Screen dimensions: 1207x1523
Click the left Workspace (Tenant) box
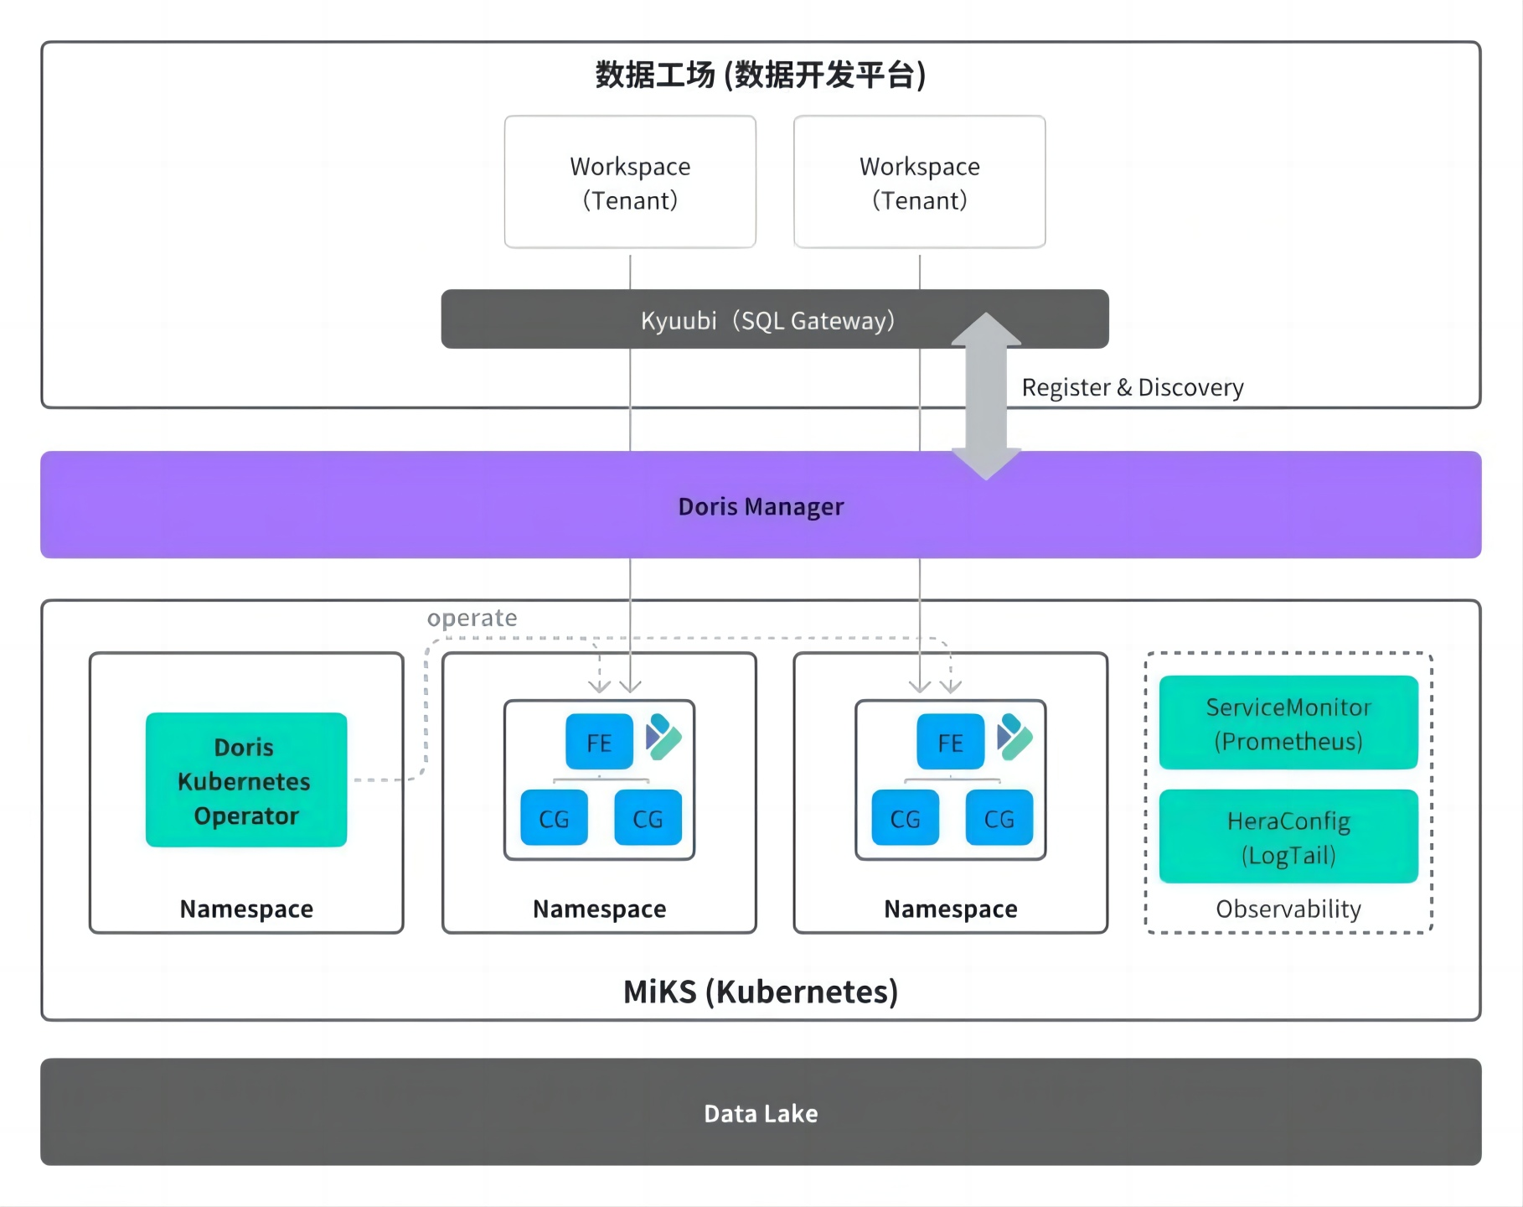[630, 182]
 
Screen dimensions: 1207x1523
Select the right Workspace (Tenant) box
[919, 182]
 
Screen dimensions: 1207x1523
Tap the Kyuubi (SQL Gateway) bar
[767, 320]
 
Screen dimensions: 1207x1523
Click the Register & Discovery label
[1132, 387]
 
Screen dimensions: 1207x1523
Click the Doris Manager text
[761, 506]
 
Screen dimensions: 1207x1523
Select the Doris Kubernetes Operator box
[245, 780]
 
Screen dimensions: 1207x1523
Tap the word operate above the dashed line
[472, 618]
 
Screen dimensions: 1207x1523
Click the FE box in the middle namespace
[599, 742]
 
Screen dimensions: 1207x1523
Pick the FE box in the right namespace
[950, 742]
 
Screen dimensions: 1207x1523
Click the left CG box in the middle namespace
[554, 818]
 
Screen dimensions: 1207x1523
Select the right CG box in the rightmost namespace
[999, 818]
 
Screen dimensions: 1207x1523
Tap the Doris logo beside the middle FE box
[663, 737]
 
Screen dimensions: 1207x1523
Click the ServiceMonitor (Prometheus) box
[1288, 723]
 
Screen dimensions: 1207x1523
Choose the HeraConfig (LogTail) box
[1288, 837]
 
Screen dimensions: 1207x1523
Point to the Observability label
[1288, 909]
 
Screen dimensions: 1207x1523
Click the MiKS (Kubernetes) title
[761, 992]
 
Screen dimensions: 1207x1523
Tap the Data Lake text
[761, 1113]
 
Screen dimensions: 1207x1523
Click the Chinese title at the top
[761, 75]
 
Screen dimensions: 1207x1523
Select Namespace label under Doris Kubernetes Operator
[246, 909]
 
